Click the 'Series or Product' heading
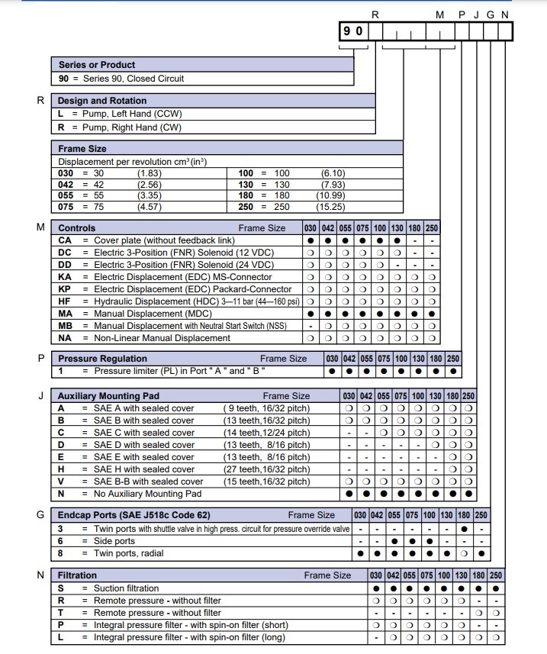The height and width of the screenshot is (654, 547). coord(97,65)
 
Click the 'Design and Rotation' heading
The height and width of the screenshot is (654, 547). coord(102,101)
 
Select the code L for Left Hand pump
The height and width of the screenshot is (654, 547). coord(61,114)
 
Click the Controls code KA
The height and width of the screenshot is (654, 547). coord(65,277)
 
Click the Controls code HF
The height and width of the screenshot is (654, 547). coord(65,301)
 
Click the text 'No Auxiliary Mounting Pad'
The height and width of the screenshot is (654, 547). coord(150,494)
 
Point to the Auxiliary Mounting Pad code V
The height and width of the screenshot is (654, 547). coord(61,482)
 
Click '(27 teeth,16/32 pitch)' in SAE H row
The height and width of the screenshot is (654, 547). coord(266,469)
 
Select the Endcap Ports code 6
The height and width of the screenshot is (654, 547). coord(61,541)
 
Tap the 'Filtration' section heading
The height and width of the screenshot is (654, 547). coord(78,575)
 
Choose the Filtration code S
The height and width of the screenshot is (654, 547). coord(61,588)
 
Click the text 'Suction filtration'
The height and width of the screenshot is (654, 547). coord(127,588)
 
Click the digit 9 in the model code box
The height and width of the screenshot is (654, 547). coord(348,31)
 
